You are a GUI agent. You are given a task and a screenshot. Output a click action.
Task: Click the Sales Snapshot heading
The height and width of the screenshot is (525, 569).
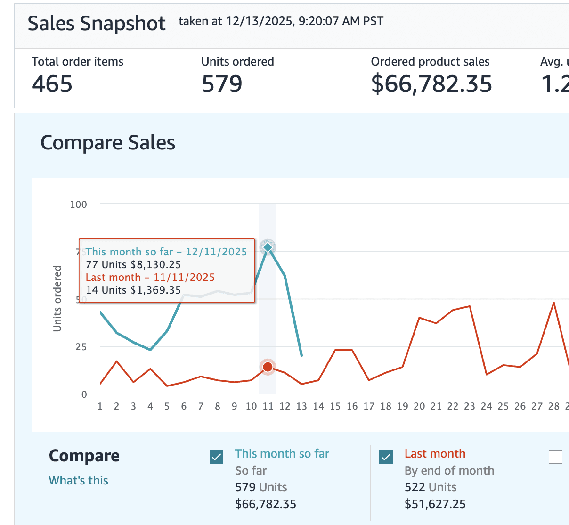(97, 24)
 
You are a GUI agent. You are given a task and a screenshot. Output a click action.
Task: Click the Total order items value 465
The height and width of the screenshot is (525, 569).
(52, 84)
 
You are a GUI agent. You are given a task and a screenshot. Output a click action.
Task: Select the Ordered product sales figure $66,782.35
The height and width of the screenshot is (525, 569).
(431, 84)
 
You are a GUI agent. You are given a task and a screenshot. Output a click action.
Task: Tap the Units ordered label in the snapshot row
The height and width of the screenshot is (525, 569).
(237, 62)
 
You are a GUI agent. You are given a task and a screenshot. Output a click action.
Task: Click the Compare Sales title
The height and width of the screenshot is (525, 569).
(108, 143)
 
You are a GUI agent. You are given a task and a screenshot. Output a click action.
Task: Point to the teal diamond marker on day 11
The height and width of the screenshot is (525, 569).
(268, 247)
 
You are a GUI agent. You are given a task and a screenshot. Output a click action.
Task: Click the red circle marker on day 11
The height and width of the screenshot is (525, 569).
(268, 367)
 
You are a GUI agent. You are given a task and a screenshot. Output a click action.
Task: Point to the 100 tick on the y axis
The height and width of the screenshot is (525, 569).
(79, 205)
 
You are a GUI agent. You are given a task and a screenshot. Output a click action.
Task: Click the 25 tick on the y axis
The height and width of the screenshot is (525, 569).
(81, 347)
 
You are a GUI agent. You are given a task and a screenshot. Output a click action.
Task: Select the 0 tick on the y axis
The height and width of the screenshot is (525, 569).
(84, 394)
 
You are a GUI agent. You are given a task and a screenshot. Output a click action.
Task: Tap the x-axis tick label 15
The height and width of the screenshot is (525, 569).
(335, 406)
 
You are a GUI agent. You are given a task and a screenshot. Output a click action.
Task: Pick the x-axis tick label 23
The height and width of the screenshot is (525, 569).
(470, 406)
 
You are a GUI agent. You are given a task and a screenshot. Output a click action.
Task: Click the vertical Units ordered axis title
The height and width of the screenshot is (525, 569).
(57, 298)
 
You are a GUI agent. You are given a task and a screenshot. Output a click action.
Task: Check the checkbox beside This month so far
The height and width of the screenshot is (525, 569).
(217, 457)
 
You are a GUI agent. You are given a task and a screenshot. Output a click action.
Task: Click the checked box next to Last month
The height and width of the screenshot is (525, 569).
(386, 457)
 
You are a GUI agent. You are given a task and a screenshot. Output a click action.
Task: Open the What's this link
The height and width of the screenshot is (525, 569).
(79, 480)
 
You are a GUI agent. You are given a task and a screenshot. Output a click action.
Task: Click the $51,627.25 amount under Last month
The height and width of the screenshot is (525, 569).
(435, 504)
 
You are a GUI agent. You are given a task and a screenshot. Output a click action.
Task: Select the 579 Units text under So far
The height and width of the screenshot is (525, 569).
(261, 487)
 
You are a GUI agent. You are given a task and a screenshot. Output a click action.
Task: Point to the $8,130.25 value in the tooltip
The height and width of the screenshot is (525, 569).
(156, 265)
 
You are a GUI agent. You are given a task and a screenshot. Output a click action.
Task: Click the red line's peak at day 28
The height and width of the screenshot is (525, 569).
(554, 303)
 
